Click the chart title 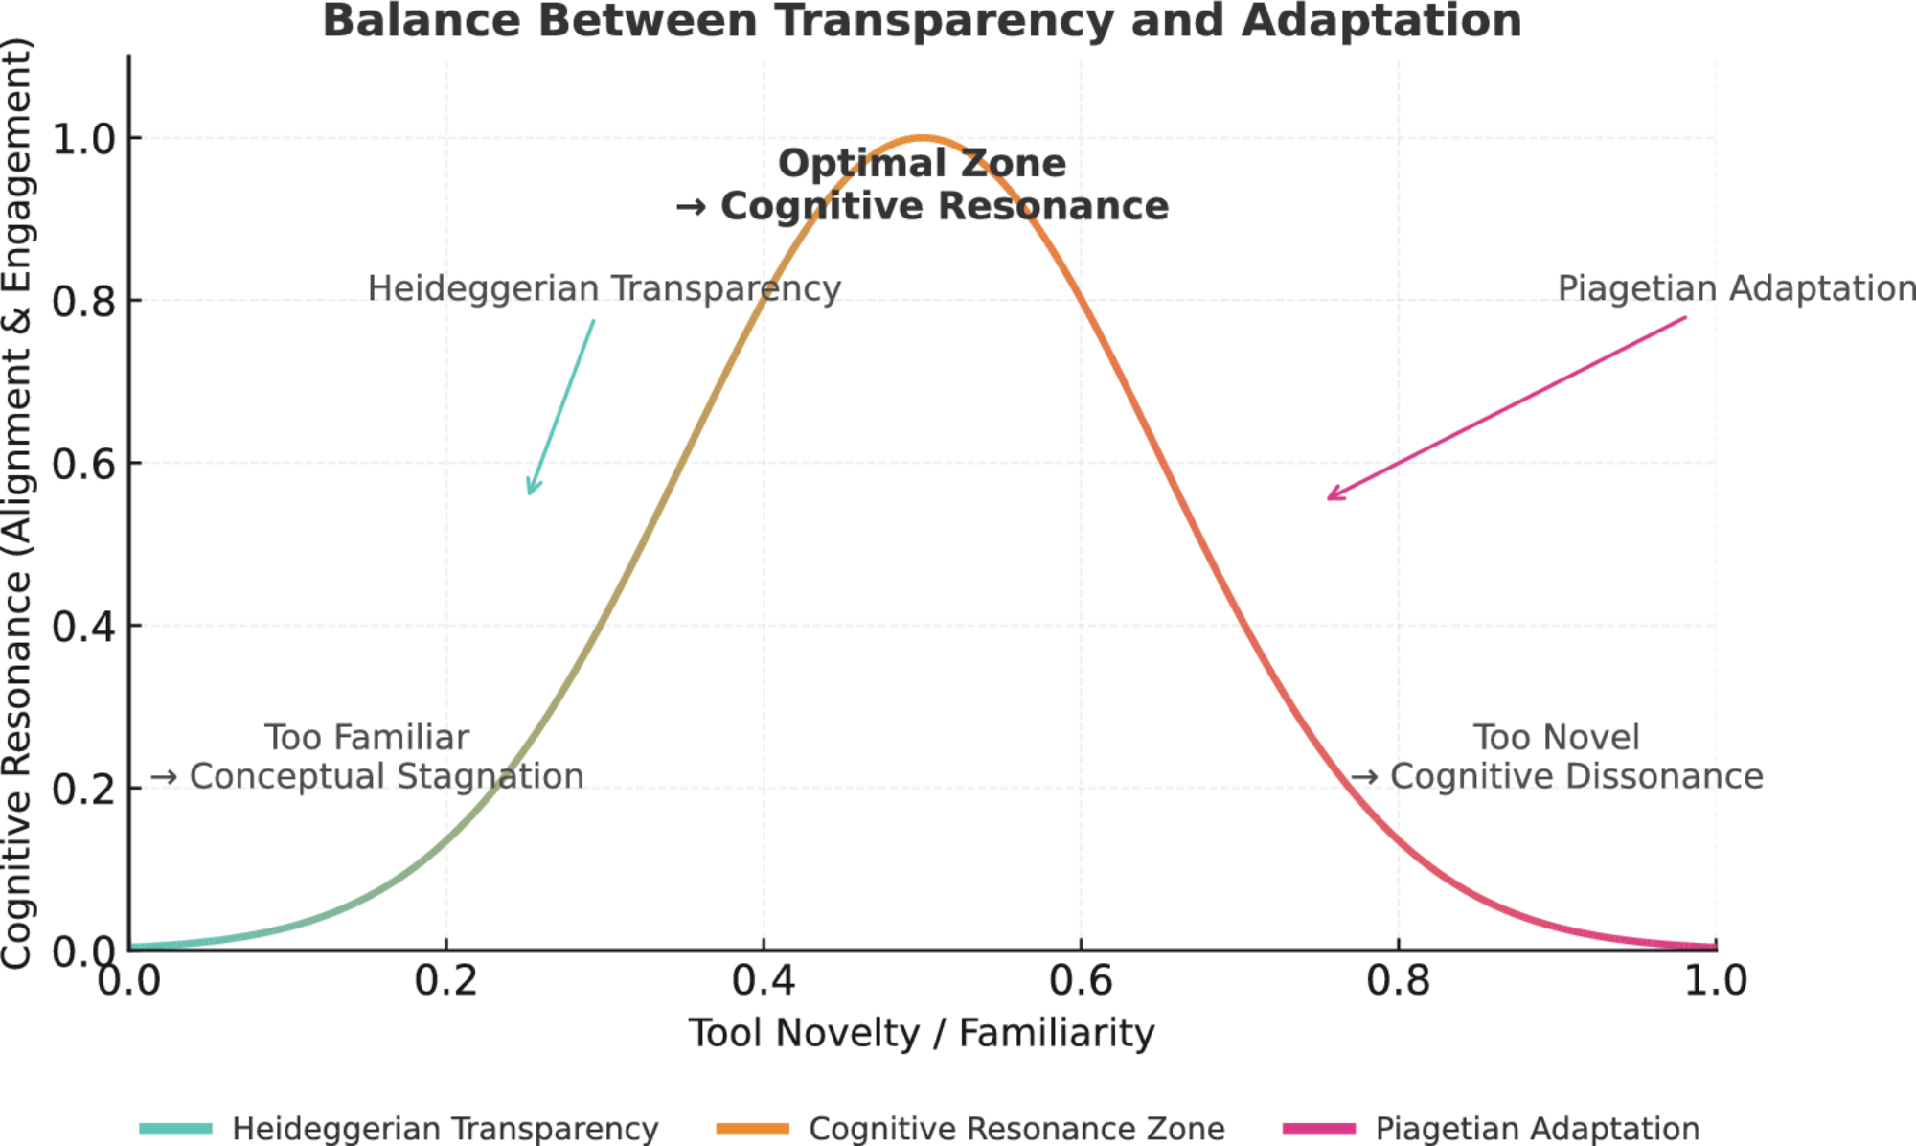pyautogui.click(x=922, y=21)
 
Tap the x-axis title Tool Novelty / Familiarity pyautogui.click(x=922, y=1033)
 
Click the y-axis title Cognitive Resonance pyautogui.click(x=17, y=503)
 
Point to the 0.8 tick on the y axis pyautogui.click(x=83, y=302)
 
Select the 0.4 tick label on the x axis pyautogui.click(x=763, y=980)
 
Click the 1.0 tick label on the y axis pyautogui.click(x=83, y=140)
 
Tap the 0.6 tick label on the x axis pyautogui.click(x=1081, y=980)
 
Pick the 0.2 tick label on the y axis pyautogui.click(x=83, y=790)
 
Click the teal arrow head pyautogui.click(x=531, y=491)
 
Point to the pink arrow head pyautogui.click(x=1331, y=497)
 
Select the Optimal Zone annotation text pyautogui.click(x=922, y=164)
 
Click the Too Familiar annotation pyautogui.click(x=367, y=738)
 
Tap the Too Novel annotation pyautogui.click(x=1556, y=738)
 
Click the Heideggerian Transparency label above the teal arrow pyautogui.click(x=604, y=288)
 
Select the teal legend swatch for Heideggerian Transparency pyautogui.click(x=175, y=1128)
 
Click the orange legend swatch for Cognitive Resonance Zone pyautogui.click(x=752, y=1128)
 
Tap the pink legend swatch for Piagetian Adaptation pyautogui.click(x=1319, y=1128)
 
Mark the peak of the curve pyautogui.click(x=922, y=138)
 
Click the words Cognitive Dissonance pyautogui.click(x=1576, y=776)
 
